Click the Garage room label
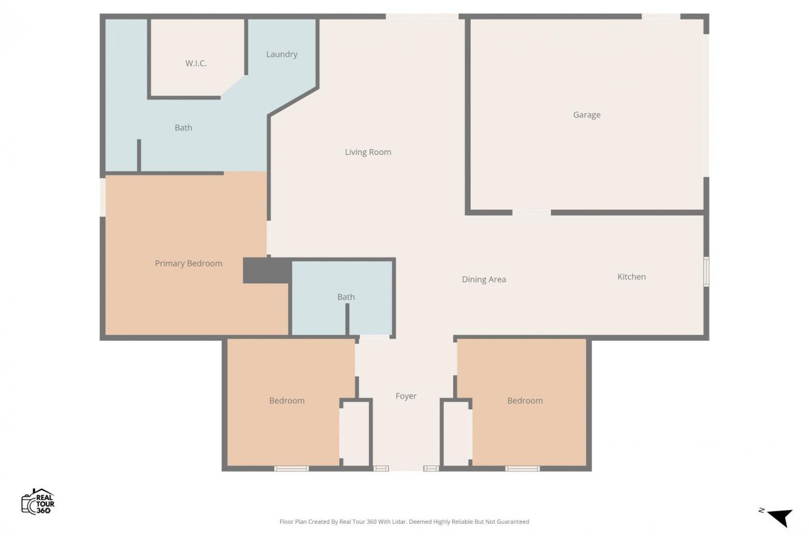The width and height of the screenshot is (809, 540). click(x=587, y=115)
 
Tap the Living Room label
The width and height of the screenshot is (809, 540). click(x=368, y=152)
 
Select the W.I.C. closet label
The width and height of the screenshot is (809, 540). click(x=196, y=63)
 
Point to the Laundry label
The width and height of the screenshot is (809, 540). click(x=282, y=54)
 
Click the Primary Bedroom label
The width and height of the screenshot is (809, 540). click(x=189, y=264)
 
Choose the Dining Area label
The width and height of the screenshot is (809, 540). click(x=484, y=279)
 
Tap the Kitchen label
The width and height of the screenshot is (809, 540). click(x=632, y=276)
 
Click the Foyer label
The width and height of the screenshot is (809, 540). click(x=406, y=396)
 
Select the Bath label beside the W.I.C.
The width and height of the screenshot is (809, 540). click(x=183, y=127)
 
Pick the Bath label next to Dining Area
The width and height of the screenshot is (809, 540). click(x=346, y=297)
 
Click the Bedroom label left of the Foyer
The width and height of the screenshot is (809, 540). click(x=287, y=400)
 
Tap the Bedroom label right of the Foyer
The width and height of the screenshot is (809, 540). click(x=525, y=400)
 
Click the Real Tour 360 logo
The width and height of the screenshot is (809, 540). click(x=38, y=501)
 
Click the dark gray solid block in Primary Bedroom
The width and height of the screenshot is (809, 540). click(x=268, y=271)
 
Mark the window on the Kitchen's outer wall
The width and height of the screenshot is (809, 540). click(x=706, y=272)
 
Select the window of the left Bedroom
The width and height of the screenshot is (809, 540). click(x=291, y=469)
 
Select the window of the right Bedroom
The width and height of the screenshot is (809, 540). click(x=522, y=469)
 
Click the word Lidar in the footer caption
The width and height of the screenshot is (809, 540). click(x=400, y=522)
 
